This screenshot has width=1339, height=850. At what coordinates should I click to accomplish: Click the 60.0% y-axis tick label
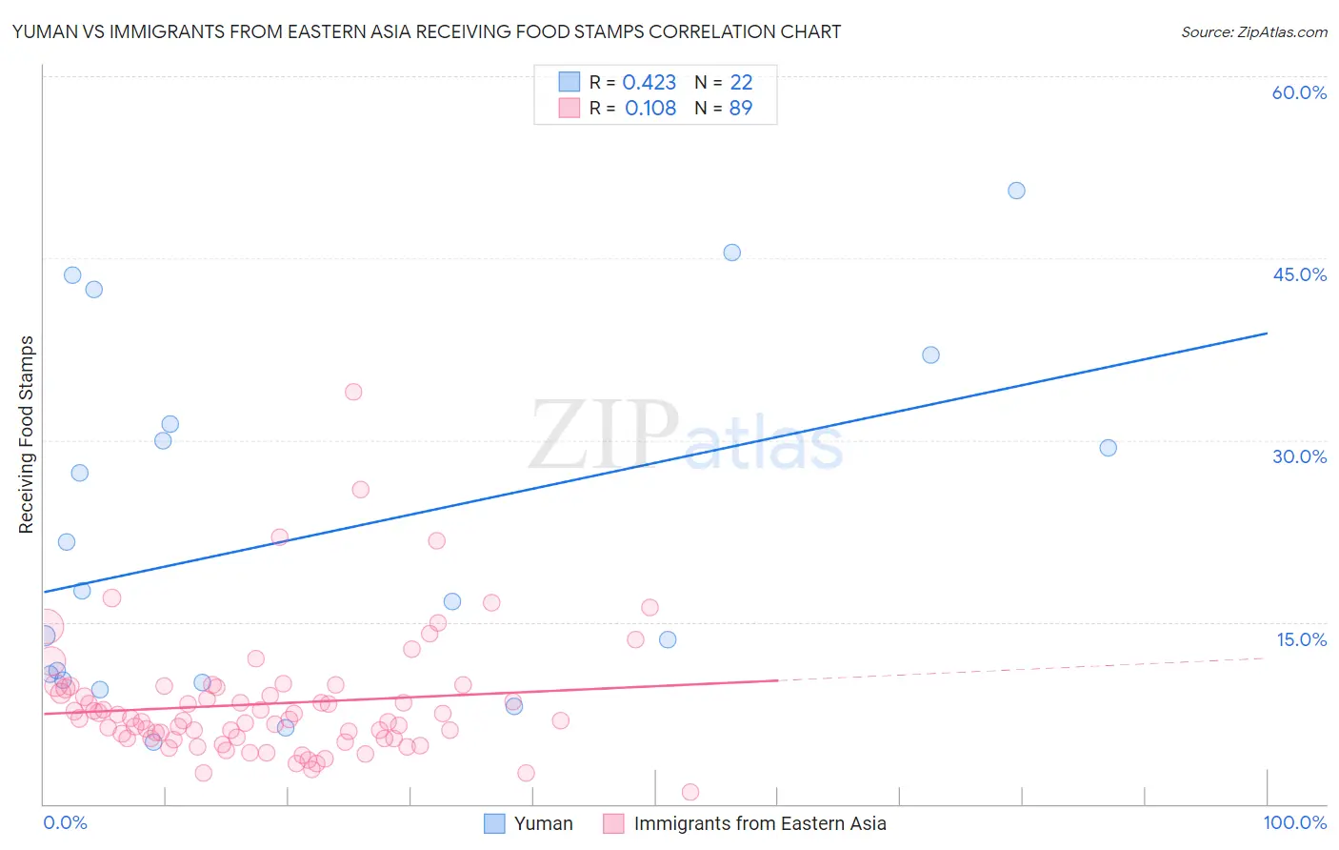1299,92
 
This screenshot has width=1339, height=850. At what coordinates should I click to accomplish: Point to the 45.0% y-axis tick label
1299,274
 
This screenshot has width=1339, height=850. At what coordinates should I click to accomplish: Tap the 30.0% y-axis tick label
1299,456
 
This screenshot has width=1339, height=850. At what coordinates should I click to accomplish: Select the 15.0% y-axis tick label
1301,639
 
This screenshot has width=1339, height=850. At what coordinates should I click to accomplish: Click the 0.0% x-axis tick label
65,822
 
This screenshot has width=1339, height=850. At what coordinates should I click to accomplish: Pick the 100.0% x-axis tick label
1294,822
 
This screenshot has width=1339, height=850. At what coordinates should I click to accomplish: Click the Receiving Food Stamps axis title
27,435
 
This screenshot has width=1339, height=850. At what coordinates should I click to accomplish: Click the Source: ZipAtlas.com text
1253,31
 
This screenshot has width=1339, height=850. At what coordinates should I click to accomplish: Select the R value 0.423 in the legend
649,83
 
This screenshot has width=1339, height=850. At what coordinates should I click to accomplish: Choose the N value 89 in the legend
740,109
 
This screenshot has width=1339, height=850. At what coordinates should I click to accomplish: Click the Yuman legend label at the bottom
543,823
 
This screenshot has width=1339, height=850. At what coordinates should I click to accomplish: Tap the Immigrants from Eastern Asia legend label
760,823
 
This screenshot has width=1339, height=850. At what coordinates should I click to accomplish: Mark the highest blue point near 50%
1016,191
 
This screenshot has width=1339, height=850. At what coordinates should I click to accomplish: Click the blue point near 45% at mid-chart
731,253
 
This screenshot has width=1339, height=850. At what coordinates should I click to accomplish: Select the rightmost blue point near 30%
1108,448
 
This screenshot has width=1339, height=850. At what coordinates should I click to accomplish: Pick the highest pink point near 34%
353,392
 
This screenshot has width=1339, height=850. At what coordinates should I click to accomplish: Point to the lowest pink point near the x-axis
690,792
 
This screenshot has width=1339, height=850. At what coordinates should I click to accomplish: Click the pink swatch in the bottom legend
613,823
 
